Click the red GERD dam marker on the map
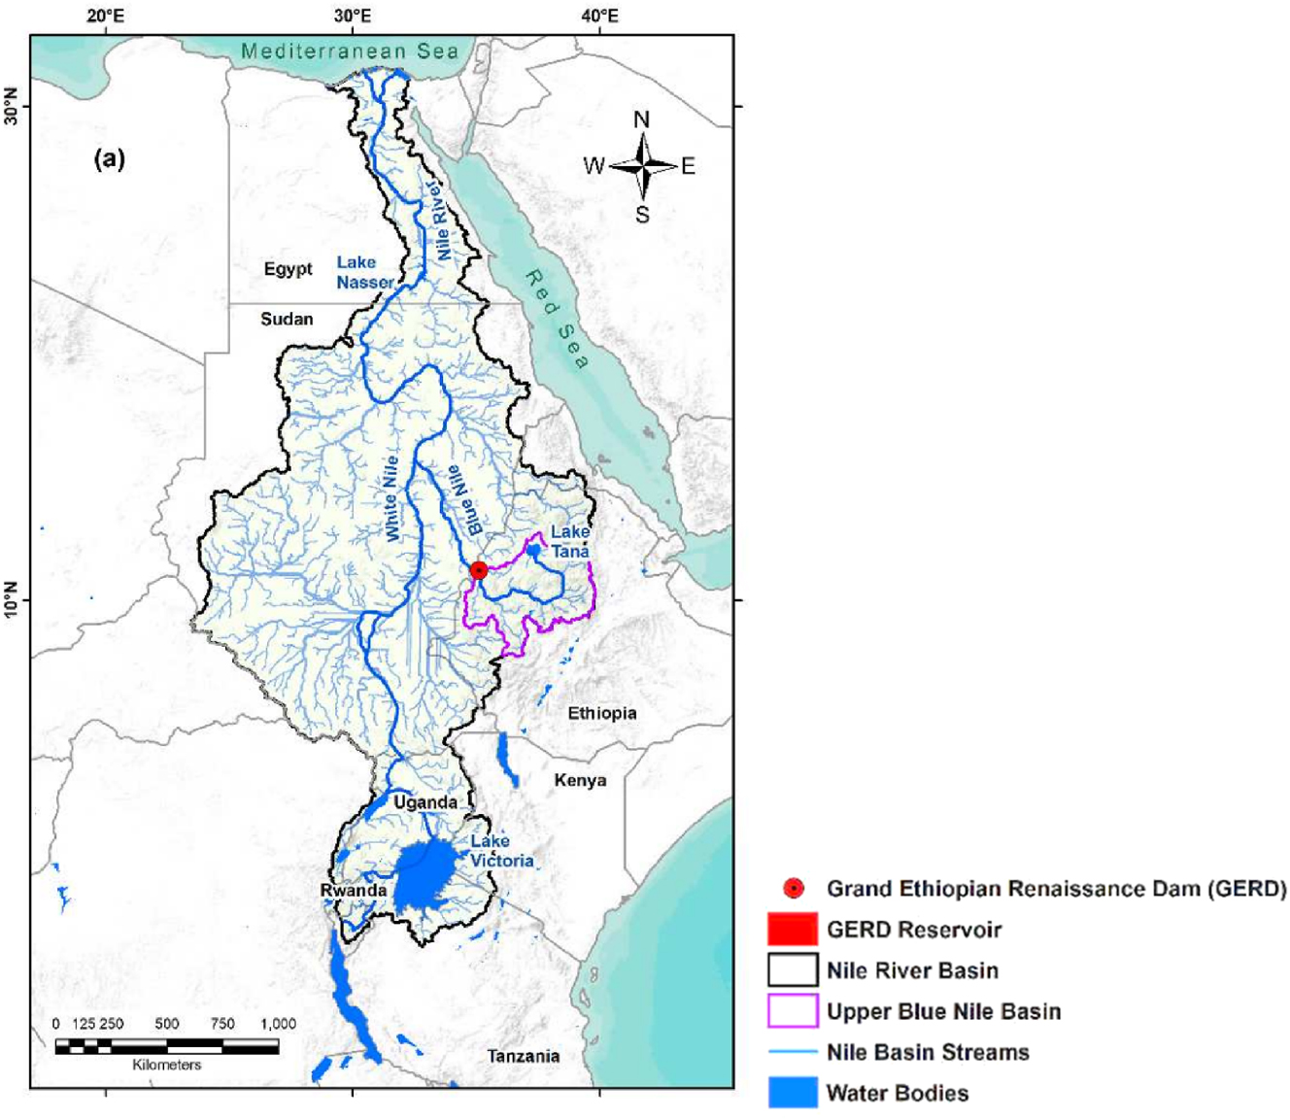478,570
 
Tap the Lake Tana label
570,541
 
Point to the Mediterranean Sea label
350,51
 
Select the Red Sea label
558,320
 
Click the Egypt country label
288,269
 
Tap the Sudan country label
287,319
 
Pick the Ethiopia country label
602,713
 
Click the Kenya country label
580,780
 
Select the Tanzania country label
524,1056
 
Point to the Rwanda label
354,890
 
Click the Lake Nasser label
364,272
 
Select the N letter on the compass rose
641,119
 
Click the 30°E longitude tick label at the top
353,17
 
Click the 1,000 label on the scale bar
278,1023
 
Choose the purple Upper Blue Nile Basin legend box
792,1011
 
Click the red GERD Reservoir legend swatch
792,929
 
